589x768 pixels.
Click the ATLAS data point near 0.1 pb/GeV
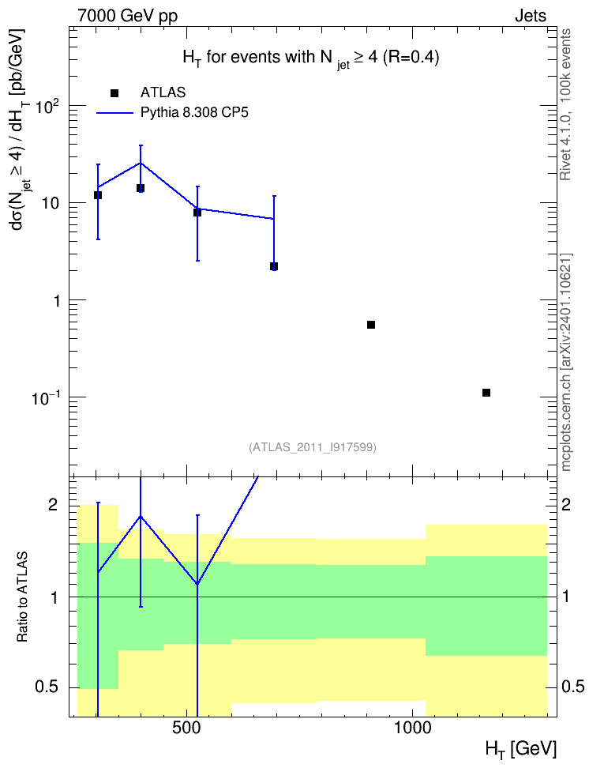pyautogui.click(x=486, y=393)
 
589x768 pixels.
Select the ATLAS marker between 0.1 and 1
pyautogui.click(x=371, y=325)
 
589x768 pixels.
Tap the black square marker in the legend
pyautogui.click(x=114, y=93)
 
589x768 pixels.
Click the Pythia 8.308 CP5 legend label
pyautogui.click(x=194, y=113)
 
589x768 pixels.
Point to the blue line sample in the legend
pyautogui.click(x=114, y=113)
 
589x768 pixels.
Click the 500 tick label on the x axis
pyautogui.click(x=187, y=728)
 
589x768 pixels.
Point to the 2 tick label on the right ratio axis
pyautogui.click(x=566, y=505)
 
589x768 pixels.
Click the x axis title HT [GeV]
pyautogui.click(x=521, y=749)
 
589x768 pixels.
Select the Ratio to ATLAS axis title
pyautogui.click(x=22, y=597)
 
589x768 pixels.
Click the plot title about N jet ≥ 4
pyautogui.click(x=311, y=58)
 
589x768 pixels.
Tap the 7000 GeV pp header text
pyautogui.click(x=127, y=16)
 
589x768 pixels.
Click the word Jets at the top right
pyautogui.click(x=531, y=16)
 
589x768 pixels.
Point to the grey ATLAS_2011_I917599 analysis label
pyautogui.click(x=313, y=447)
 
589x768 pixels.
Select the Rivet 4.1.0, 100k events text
pyautogui.click(x=565, y=104)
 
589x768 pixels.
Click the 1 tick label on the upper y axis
pyautogui.click(x=57, y=300)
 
